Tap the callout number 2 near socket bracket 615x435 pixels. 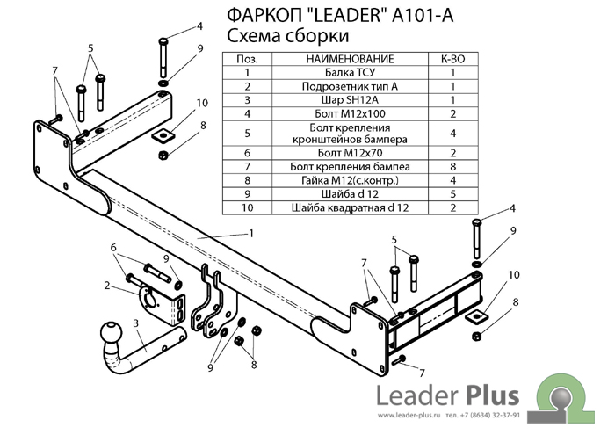tap(106, 285)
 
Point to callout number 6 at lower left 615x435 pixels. tap(112, 248)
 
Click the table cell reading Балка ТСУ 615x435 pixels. tap(350, 73)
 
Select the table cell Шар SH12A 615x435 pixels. tap(350, 100)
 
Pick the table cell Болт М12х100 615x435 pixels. tap(350, 113)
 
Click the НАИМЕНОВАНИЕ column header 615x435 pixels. tap(350, 59)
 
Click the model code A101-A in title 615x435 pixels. tap(424, 15)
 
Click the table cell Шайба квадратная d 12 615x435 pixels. tap(350, 208)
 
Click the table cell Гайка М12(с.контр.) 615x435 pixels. tap(350, 180)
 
